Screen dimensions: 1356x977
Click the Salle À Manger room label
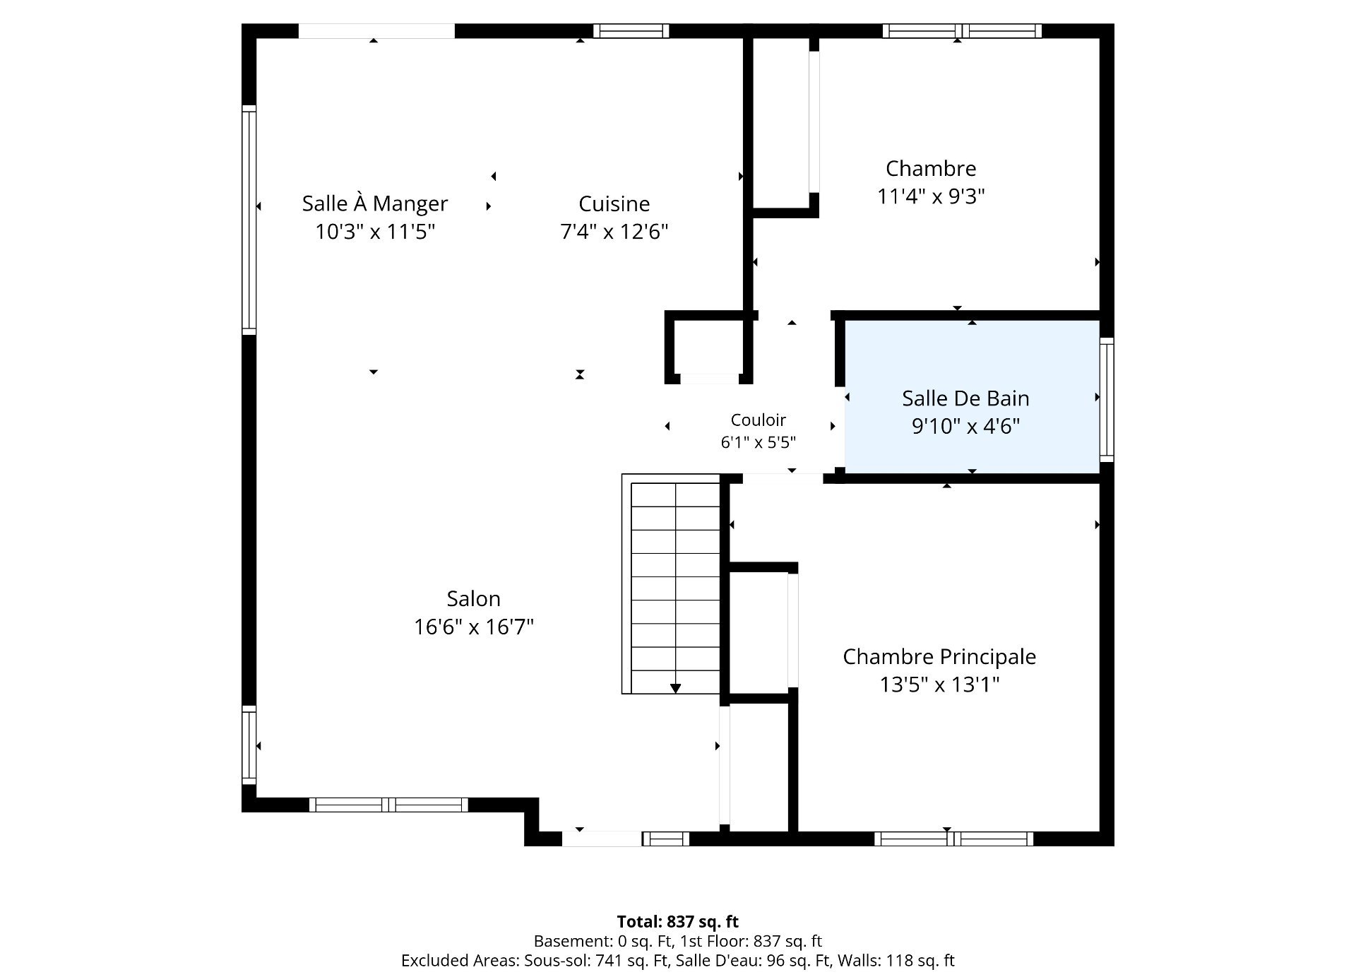point(375,204)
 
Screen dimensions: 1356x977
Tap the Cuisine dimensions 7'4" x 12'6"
point(614,232)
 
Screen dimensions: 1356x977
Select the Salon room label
point(474,599)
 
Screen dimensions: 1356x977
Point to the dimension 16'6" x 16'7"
point(474,627)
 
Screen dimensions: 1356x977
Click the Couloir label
point(759,420)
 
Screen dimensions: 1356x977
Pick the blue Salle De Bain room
point(973,397)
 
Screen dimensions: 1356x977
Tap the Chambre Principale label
point(939,657)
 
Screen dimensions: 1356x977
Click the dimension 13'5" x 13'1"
point(939,685)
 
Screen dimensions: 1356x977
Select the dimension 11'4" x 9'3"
point(931,196)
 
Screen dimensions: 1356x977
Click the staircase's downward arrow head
point(675,688)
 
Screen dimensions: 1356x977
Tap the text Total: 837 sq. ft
point(678,922)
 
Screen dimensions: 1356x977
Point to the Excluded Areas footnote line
point(678,961)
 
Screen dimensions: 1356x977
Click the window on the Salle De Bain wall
point(1107,399)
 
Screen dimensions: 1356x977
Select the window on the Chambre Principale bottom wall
point(954,839)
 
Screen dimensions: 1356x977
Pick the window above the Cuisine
point(631,30)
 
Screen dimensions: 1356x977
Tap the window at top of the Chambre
point(962,30)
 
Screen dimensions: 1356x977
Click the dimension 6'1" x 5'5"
point(759,442)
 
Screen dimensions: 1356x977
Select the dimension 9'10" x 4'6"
point(966,426)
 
